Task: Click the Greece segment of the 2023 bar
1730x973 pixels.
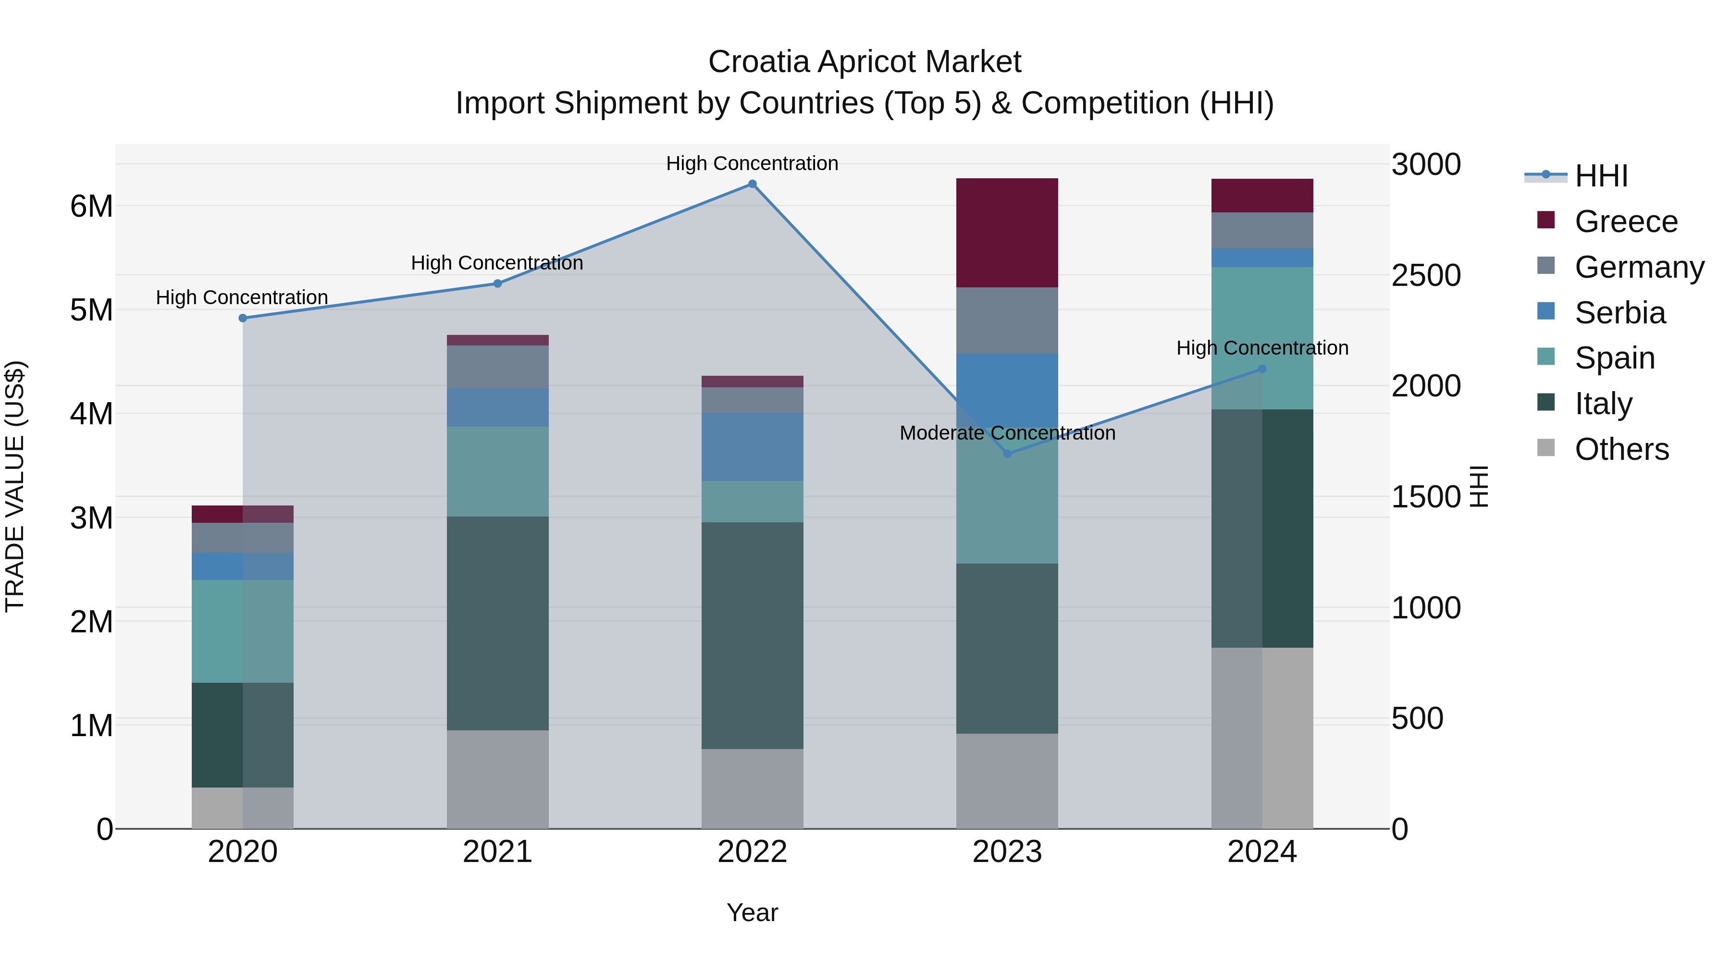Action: [x=1007, y=233]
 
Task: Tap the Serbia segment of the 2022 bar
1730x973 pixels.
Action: [x=752, y=446]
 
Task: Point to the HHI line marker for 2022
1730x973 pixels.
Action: [x=752, y=184]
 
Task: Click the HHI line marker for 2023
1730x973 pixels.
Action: [x=1007, y=454]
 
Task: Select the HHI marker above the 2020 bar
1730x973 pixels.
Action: [x=243, y=318]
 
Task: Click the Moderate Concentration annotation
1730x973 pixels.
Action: [x=1007, y=433]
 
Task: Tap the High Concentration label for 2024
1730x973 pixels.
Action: [x=1262, y=348]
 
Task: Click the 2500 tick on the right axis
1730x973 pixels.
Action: [x=1425, y=275]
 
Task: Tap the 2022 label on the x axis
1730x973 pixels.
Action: [x=752, y=852]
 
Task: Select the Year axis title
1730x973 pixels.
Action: [x=752, y=912]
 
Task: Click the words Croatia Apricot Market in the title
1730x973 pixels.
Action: [x=865, y=62]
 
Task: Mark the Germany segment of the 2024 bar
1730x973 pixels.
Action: [x=1262, y=230]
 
